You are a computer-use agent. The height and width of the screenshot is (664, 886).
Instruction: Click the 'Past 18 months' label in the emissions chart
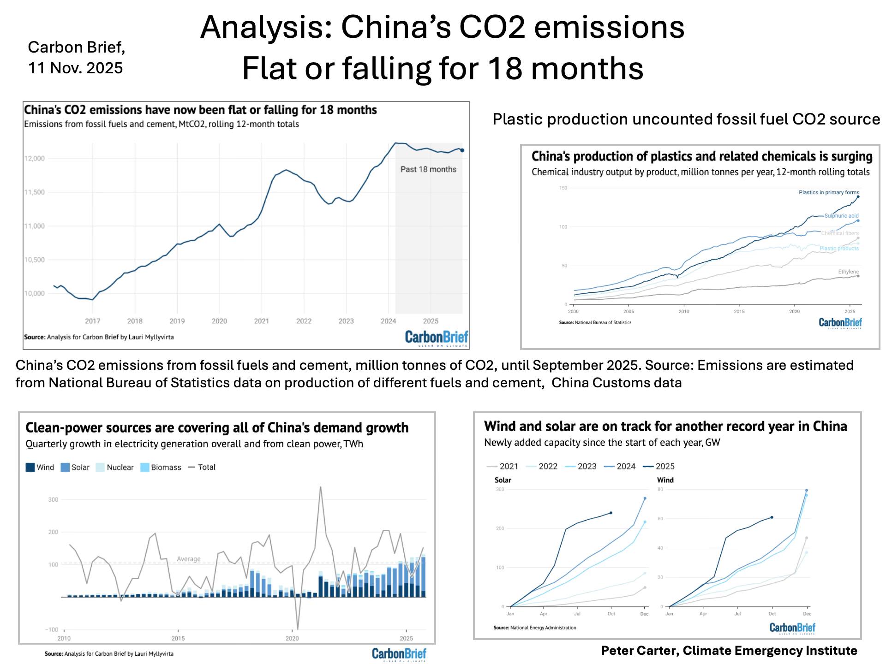tap(428, 169)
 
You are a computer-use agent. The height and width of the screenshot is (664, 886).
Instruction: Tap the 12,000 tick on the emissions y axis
tap(35, 159)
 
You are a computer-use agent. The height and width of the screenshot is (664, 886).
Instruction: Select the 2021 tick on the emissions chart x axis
tap(261, 321)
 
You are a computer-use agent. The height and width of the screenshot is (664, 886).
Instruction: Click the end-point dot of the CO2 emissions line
tap(462, 150)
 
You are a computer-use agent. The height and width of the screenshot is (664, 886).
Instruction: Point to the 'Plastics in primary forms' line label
tap(829, 192)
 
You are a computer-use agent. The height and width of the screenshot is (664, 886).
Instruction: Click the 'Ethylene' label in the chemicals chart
tap(848, 272)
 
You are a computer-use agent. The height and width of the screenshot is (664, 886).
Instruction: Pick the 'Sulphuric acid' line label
tap(841, 216)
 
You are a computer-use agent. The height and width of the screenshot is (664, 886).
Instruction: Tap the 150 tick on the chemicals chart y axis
tap(563, 188)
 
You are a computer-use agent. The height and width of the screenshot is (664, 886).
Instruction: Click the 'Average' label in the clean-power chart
tap(189, 559)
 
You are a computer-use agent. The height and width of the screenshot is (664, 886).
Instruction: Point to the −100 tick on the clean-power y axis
tap(52, 629)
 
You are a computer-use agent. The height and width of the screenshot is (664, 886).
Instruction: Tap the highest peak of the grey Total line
tap(320, 487)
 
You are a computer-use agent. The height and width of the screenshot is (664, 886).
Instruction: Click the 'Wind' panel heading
tap(665, 480)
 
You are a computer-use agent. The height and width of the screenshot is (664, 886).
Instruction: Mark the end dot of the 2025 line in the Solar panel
tap(611, 513)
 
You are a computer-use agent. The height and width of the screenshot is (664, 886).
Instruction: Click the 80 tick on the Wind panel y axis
tap(660, 489)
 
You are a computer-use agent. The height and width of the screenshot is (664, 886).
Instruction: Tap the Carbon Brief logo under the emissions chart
tap(436, 338)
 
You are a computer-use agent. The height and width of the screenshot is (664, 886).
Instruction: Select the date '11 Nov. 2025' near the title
tap(76, 68)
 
